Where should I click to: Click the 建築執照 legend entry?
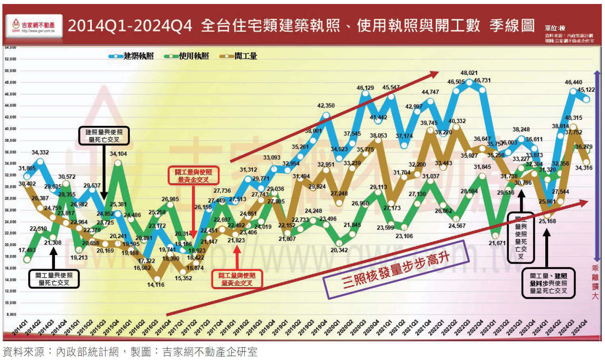[131, 56]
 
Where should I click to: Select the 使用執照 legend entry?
[187, 56]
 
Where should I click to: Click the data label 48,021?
[469, 73]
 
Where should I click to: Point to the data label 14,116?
[156, 285]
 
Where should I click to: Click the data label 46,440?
[573, 82]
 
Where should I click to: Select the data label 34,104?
[118, 154]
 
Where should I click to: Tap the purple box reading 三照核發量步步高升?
[396, 270]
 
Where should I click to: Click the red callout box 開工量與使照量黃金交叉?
[193, 176]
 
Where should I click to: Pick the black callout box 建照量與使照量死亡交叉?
[104, 136]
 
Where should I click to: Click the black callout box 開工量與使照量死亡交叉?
[54, 279]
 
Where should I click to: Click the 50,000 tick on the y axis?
[10, 71]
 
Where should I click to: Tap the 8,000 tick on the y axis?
[11, 315]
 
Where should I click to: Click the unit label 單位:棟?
[555, 28]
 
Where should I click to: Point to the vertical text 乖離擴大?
[595, 282]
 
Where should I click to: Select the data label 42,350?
[326, 106]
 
